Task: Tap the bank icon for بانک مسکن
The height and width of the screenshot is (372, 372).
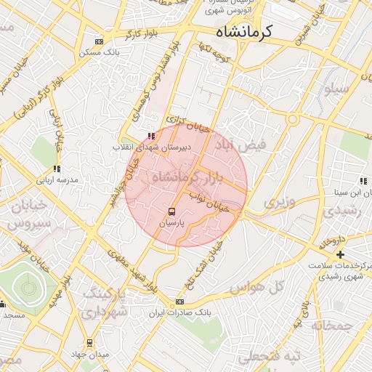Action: [x=100, y=41]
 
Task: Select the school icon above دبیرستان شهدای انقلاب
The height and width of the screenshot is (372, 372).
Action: [x=150, y=136]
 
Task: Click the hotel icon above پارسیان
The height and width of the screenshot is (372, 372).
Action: [x=171, y=211]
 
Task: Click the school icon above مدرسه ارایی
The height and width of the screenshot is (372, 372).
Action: [x=56, y=169]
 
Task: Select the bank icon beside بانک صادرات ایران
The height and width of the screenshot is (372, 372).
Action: [x=179, y=302]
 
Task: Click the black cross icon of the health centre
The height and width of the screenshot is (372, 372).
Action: [x=339, y=254]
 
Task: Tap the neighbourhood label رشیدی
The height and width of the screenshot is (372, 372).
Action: [x=337, y=211]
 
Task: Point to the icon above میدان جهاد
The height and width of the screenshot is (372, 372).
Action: [x=89, y=342]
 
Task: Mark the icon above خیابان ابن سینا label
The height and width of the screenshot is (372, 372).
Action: [x=361, y=181]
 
